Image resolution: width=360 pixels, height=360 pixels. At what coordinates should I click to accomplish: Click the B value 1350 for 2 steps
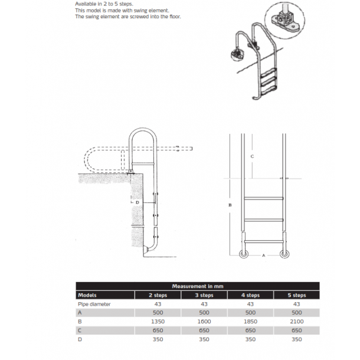point(158,322)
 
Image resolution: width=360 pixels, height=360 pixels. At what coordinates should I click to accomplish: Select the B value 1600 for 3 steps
point(204,322)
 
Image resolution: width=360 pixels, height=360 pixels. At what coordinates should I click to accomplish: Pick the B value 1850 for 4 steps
point(250,322)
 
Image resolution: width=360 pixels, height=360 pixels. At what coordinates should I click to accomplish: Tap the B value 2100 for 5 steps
point(296,322)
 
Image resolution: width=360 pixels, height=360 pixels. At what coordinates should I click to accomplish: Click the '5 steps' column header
point(296,295)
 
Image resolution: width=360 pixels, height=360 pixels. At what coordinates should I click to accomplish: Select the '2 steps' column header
point(158,295)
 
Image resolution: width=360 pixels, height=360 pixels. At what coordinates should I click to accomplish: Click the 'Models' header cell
point(87,295)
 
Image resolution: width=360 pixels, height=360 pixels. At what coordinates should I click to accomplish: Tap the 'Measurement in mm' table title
point(197,286)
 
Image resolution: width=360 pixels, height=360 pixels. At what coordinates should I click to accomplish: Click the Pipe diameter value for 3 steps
point(204,304)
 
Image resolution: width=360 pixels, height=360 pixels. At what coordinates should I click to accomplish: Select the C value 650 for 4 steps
point(250,330)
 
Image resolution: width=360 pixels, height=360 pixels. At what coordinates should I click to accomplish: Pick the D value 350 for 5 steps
point(296,339)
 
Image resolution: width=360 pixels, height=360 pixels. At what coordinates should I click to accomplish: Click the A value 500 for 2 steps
point(158,313)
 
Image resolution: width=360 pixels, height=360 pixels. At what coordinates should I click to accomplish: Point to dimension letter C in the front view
point(253,156)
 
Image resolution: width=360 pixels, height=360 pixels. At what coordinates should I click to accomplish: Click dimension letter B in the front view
point(230,205)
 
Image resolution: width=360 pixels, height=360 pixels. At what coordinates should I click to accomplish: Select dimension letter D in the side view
point(137,202)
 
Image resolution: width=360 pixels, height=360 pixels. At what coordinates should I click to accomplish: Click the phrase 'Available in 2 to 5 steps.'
point(104,4)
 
